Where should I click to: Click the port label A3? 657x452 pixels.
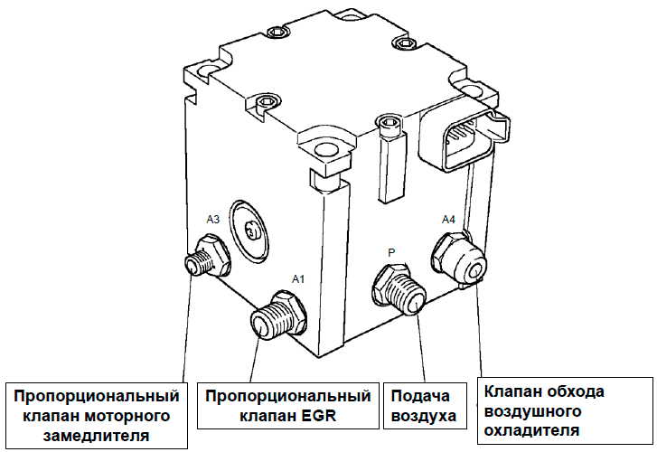click(213, 219)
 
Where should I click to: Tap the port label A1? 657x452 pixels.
click(298, 279)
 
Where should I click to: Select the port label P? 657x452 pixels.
click(391, 253)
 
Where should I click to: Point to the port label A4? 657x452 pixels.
click(449, 219)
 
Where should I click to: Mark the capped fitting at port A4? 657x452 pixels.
click(462, 259)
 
